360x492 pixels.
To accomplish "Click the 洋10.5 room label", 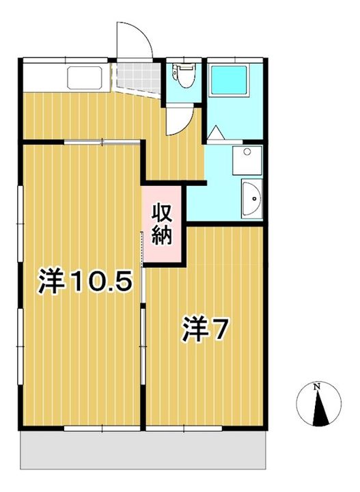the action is (x=84, y=281).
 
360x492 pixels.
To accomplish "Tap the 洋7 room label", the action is (x=204, y=329).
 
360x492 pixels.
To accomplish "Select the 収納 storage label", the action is (x=162, y=224).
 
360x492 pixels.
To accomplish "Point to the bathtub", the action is (x=230, y=80).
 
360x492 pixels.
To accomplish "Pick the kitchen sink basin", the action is (x=85, y=77).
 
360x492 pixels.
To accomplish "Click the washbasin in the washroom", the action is (x=252, y=199).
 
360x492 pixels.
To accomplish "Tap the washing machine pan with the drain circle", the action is (x=247, y=161).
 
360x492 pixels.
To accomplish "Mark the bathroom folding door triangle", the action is (x=216, y=133).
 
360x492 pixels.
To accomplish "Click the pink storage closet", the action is (x=162, y=224).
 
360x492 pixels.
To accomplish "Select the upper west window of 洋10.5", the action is (x=20, y=223).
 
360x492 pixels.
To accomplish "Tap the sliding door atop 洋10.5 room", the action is (x=102, y=142).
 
